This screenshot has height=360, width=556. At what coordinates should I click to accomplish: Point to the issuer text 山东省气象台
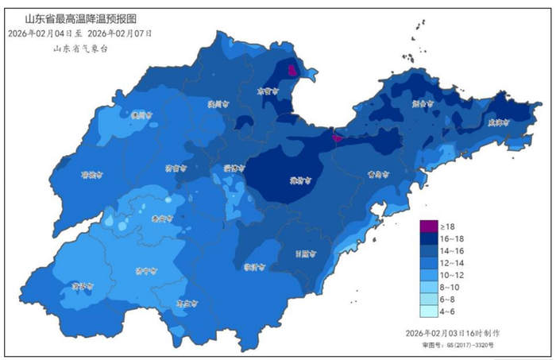coord(80,48)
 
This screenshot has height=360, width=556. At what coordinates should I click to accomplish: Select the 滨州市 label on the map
coord(218,103)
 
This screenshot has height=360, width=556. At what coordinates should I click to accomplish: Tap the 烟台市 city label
coord(423,103)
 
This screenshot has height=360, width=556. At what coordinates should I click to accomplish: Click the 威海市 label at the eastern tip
coord(497,122)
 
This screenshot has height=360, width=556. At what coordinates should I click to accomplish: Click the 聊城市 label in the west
coord(93,175)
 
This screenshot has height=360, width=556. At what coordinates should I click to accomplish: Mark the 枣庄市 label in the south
coord(186,303)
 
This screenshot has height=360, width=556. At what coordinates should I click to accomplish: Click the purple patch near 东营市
coord(292,71)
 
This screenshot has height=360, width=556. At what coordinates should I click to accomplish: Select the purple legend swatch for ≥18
coord(429,226)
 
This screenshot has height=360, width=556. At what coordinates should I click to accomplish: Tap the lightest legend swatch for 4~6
coord(429,312)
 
